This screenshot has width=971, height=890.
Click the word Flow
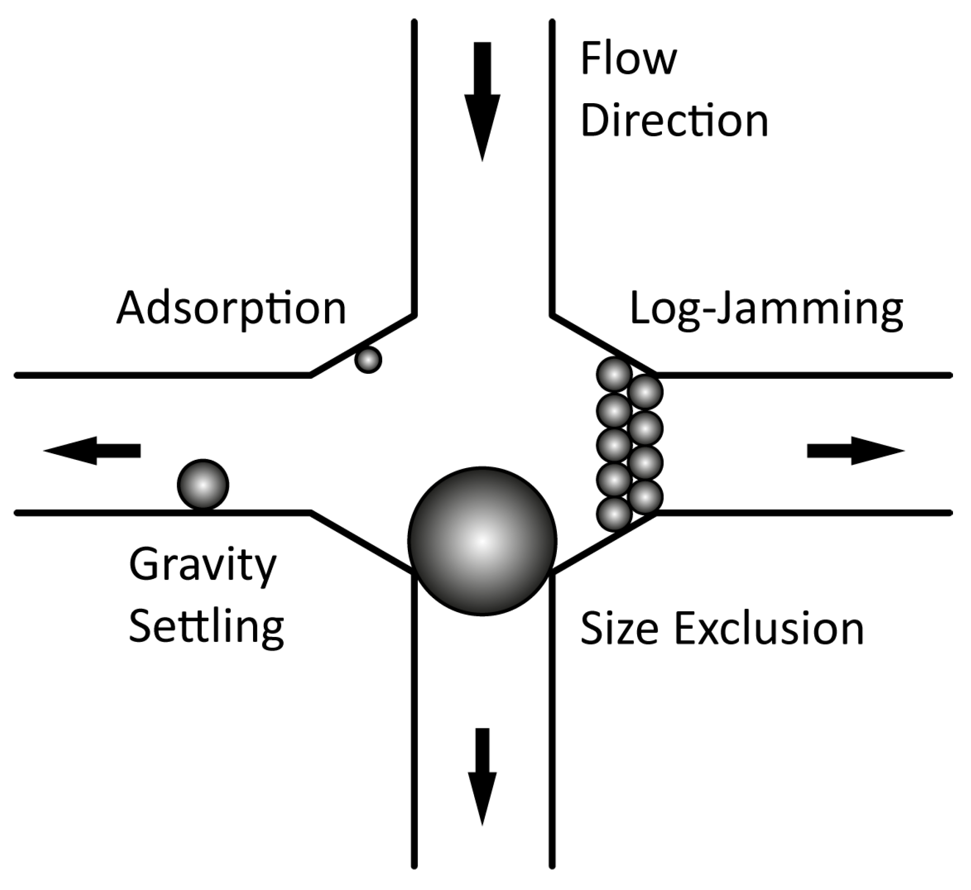pos(628,59)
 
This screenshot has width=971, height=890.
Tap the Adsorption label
pos(231,308)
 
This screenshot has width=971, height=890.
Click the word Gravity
pos(202,566)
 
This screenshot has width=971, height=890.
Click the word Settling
pos(206,627)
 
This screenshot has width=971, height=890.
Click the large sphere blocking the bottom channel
pos(482,541)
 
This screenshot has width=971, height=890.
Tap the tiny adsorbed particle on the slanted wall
pos(368,360)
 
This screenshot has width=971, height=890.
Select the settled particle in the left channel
pos(202,485)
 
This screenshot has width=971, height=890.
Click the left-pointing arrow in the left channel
pos(92,451)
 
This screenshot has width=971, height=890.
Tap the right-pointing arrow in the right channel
pos(855,451)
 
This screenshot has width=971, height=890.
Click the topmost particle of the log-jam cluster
pos(614,374)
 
